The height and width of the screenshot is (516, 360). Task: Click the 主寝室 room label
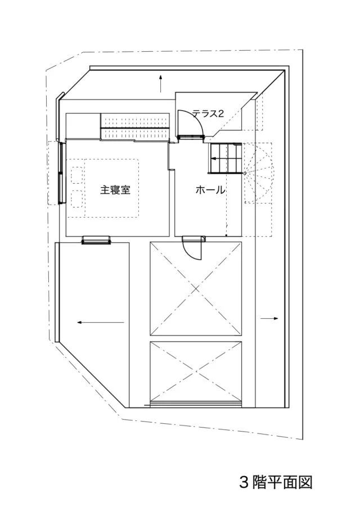point(115,190)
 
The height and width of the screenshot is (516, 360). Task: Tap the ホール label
point(210,190)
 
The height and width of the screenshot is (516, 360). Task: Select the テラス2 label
point(208,114)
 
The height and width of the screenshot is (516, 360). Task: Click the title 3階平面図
point(276,483)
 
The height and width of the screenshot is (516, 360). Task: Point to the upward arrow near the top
point(161,84)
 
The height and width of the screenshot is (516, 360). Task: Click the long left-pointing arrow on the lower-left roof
point(101,323)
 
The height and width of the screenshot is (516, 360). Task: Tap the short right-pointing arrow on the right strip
point(269,318)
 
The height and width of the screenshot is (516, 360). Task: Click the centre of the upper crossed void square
point(196,288)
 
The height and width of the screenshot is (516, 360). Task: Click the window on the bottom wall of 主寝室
point(96,240)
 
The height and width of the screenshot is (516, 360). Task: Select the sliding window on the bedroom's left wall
point(61,173)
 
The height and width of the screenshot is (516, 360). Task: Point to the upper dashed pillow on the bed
point(76,175)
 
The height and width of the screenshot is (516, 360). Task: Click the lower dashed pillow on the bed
point(76,198)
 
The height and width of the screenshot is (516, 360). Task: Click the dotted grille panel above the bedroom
point(134,126)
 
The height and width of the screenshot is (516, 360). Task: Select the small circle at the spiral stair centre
point(245,173)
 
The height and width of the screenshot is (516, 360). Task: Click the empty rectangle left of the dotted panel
point(83,126)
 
